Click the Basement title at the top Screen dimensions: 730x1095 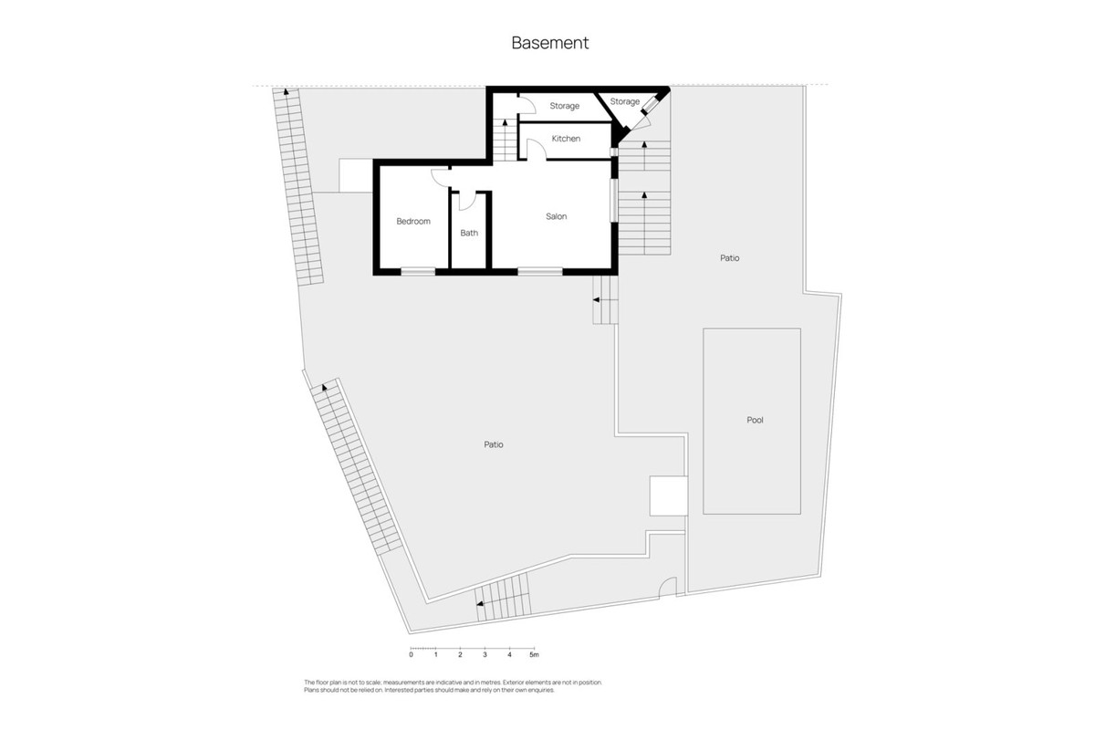pos(549,42)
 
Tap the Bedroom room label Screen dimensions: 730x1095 pos(412,222)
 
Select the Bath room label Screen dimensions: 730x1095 pos(469,233)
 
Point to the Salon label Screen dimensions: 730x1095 pos(557,216)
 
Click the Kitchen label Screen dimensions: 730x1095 pos(566,139)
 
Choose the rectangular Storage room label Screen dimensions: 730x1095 pos(564,106)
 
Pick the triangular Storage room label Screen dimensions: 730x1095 pos(625,101)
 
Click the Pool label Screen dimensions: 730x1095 pos(755,421)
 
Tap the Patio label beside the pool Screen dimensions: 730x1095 pos(729,258)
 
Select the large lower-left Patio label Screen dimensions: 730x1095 pos(494,444)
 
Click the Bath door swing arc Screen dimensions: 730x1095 pos(467,200)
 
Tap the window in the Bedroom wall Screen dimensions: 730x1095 pos(418,270)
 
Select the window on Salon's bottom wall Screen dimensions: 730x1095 pos(539,270)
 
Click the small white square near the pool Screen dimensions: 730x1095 pos(667,495)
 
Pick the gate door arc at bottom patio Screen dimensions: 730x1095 pos(669,588)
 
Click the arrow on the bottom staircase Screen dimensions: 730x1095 pos(480,602)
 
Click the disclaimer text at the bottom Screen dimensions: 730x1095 pos(453,686)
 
